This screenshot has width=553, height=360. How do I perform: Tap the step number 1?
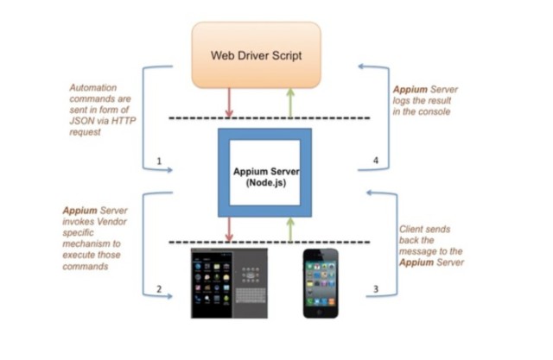tap(159, 161)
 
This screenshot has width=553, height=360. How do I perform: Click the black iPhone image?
tap(321, 283)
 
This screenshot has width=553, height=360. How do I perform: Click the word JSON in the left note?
tap(81, 121)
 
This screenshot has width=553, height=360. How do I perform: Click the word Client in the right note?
tap(413, 230)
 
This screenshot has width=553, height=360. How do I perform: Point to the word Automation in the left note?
tap(95, 87)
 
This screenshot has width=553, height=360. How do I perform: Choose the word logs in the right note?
tap(405, 100)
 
